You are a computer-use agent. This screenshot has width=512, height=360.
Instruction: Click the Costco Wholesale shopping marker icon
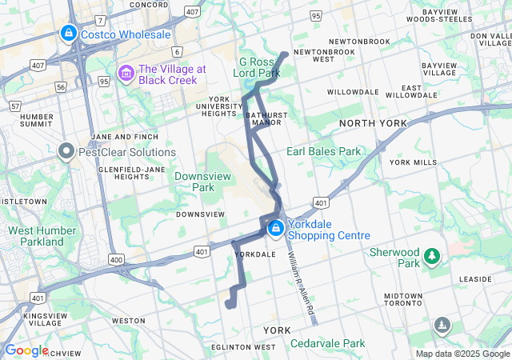69,34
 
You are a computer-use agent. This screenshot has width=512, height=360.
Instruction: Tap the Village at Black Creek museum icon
126,74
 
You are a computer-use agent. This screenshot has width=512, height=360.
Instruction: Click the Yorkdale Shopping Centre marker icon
276,229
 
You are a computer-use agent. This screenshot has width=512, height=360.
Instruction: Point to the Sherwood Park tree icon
433,256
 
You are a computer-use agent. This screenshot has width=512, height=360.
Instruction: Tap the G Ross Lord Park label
260,67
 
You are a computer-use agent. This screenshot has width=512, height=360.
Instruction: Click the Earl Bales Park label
324,150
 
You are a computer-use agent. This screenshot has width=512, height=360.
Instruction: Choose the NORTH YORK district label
373,123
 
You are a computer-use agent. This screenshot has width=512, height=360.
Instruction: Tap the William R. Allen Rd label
298,280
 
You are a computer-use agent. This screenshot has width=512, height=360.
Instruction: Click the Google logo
26,350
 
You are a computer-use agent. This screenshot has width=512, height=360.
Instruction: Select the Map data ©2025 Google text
462,354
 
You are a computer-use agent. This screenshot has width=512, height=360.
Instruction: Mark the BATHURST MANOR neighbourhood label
266,119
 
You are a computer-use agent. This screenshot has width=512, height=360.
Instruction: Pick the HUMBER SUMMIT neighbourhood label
36,120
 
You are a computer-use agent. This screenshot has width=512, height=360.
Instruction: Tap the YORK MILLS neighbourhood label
413,162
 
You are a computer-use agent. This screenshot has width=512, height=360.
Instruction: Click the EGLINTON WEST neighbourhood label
244,347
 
